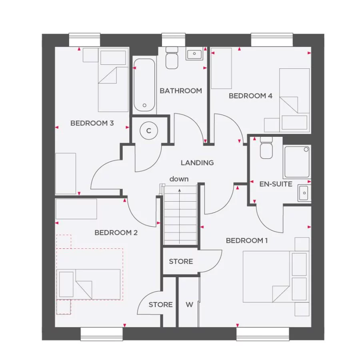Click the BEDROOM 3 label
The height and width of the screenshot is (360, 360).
[92, 123]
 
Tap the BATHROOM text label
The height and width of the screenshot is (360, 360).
[181, 91]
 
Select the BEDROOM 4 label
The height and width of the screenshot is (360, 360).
[250, 96]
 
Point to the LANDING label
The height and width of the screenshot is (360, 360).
[197, 163]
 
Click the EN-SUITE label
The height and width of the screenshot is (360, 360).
[276, 184]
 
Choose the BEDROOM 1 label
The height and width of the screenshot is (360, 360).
[247, 240]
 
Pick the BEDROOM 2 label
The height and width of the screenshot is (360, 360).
[116, 232]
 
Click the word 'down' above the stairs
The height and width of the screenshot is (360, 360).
[179, 179]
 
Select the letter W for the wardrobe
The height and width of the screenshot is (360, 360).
[189, 305]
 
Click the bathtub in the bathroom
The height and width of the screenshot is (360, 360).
[144, 85]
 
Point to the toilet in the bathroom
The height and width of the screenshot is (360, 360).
[172, 58]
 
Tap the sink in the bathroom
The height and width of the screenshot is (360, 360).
[195, 54]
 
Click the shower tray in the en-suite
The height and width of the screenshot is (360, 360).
[296, 162]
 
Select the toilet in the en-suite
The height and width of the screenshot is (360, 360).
[266, 148]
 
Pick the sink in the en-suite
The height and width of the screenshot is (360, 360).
[304, 193]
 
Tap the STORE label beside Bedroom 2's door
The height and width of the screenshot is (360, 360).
[160, 305]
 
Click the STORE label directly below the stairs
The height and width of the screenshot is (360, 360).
[181, 262]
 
